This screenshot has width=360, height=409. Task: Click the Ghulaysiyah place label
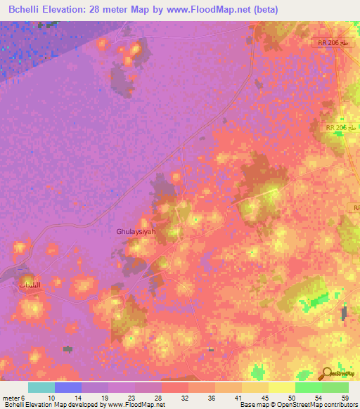click(x=135, y=230)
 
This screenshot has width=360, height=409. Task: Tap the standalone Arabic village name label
click(x=29, y=284)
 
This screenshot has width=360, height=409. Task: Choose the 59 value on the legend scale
click(x=345, y=397)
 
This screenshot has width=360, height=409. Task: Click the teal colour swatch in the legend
click(x=41, y=387)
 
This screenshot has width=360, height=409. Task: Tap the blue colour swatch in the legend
click(x=68, y=387)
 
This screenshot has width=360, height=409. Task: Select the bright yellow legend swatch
click(x=281, y=387)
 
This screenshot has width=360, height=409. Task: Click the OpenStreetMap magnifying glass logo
click(x=326, y=373)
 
